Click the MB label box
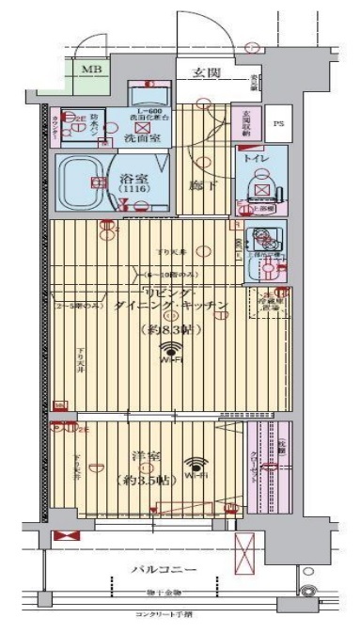tap(91, 70)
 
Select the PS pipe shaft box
tap(277, 122)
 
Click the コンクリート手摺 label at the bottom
tap(163, 614)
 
